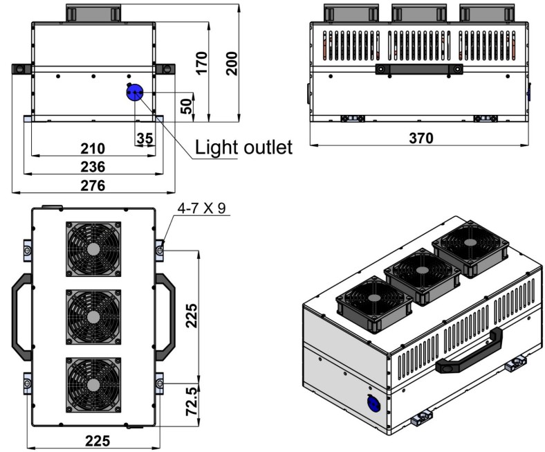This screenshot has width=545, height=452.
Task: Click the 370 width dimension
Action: [421, 138]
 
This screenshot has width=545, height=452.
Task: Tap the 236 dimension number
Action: [93, 167]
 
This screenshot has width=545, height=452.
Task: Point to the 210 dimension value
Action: [93, 148]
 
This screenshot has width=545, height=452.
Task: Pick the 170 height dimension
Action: [201, 64]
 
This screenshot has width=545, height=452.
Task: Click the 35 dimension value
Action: [145, 138]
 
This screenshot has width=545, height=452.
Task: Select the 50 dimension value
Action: [186, 105]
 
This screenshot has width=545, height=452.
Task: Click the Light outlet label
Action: [243, 147]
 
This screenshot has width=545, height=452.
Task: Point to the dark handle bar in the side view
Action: [419, 69]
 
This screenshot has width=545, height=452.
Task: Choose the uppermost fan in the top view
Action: [93, 248]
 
